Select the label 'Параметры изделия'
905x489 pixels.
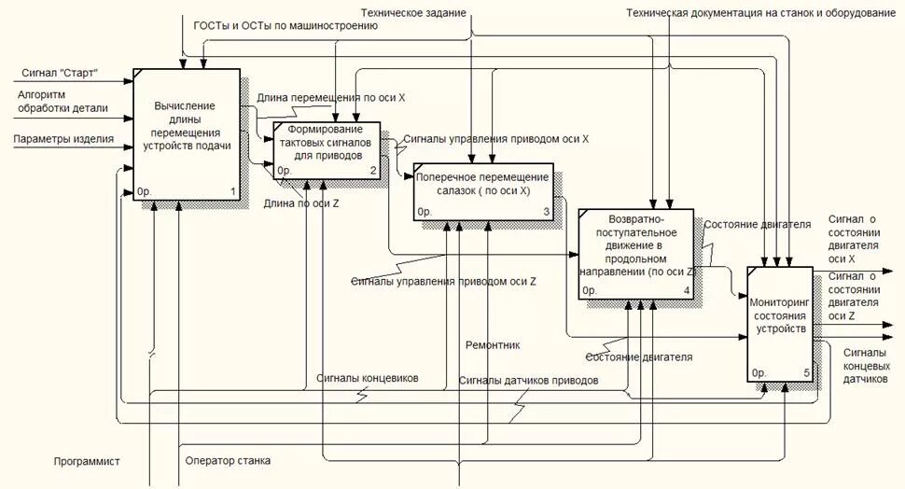coord(63,140)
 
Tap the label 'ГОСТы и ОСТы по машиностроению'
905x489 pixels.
coord(285,26)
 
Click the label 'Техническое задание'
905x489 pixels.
coord(413,13)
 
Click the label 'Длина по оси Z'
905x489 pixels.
coord(300,203)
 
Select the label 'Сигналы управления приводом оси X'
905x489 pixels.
coord(495,139)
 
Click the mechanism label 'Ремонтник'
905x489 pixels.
coord(493,345)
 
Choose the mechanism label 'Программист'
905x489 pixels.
coord(86,461)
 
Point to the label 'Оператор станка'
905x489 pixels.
coord(228,461)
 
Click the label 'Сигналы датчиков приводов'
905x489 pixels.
coord(528,381)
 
